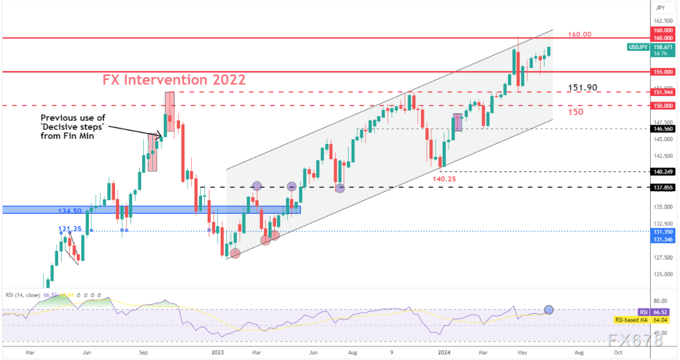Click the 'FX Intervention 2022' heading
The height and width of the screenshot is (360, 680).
coord(174,80)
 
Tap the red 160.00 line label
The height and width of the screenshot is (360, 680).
coord(580,34)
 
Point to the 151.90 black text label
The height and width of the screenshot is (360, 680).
coord(582,87)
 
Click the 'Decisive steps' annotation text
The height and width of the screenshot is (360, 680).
coord(72,126)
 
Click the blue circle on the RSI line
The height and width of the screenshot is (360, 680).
coord(549,309)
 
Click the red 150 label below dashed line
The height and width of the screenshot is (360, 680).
coord(575,112)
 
